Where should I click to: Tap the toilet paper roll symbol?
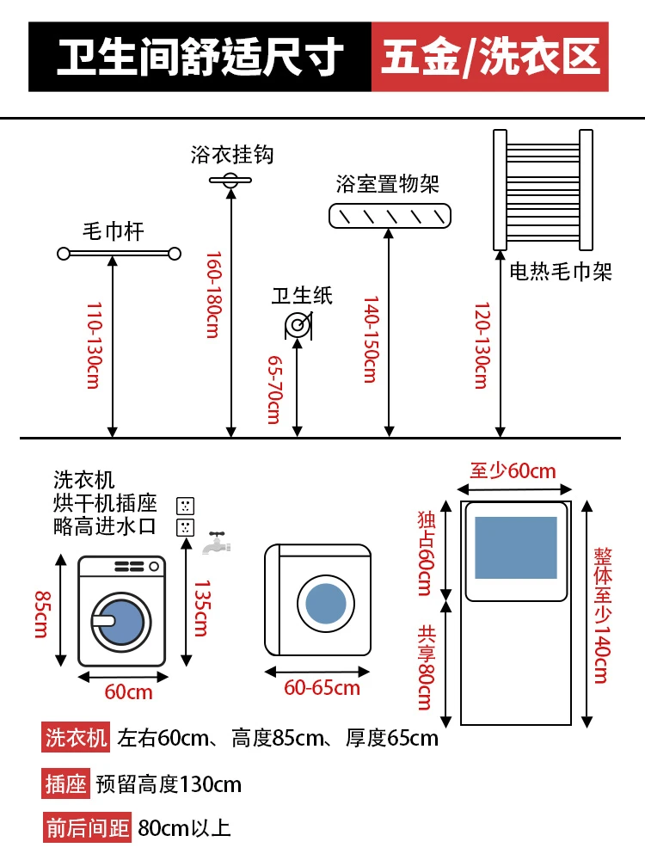298,325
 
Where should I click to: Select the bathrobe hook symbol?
230,180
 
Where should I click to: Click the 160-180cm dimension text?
213,295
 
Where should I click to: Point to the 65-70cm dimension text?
274,390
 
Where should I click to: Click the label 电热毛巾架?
561,271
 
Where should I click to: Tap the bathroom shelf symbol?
390,216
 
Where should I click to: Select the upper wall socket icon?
186,506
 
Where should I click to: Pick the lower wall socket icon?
186,528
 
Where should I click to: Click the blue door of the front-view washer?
120,623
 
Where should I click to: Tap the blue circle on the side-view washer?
326,604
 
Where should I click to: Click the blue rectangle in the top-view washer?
515,547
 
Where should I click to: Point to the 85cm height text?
41,614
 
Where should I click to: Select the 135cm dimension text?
201,608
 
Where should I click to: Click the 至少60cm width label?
513,470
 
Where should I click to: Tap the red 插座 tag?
65,783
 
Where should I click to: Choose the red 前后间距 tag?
87,827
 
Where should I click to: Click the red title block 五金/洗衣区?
490,57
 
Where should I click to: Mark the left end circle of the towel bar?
64,254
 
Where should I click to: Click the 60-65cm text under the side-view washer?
322,688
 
